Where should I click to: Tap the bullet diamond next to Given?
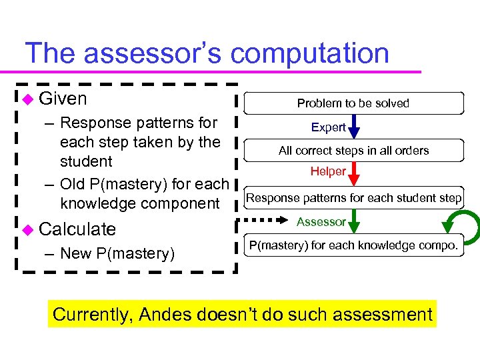point(27,99)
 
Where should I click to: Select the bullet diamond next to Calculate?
point(27,229)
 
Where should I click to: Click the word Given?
point(63,99)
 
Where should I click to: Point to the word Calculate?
point(77,229)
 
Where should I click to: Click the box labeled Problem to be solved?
point(353,103)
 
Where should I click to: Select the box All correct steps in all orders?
point(353,151)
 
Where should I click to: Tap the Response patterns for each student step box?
point(353,198)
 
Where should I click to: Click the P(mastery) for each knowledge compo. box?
point(353,245)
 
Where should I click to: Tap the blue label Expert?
point(328,127)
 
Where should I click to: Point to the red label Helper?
point(327,171)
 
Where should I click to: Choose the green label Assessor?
point(321,221)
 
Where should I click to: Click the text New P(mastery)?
point(117,253)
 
